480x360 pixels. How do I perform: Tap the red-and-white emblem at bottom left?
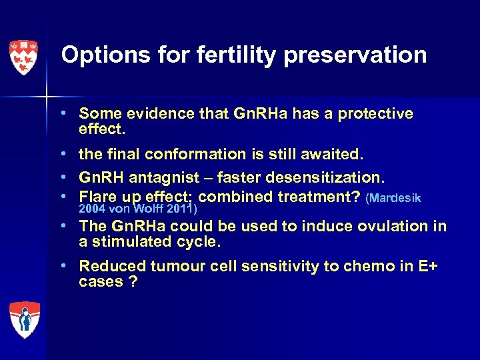click(24, 319)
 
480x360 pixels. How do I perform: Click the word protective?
click(375, 114)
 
